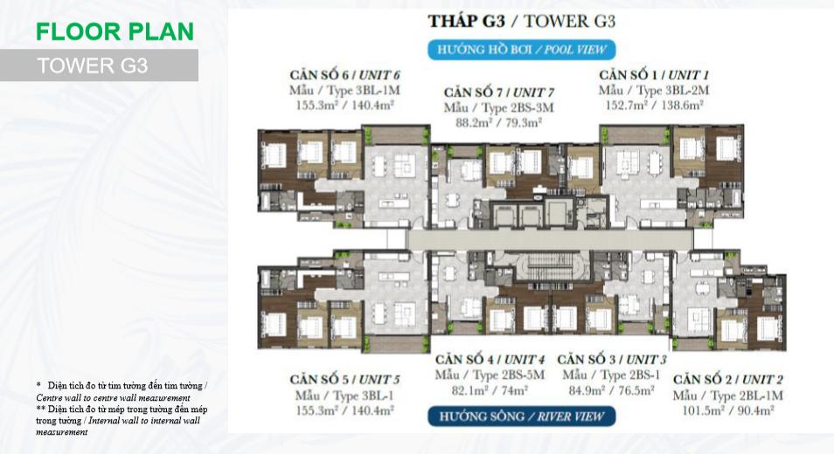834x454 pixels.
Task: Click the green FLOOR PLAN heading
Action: (x=115, y=31)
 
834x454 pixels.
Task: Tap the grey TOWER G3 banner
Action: (x=99, y=65)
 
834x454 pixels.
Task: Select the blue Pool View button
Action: (x=521, y=50)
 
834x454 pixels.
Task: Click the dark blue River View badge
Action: (x=521, y=416)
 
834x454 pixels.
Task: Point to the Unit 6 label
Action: (x=344, y=75)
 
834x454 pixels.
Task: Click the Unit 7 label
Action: (x=499, y=93)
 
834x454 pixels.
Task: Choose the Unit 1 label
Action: (x=654, y=75)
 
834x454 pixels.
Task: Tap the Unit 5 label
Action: (x=344, y=380)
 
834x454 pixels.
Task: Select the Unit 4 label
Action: (x=490, y=360)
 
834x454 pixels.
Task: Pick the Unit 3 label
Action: (x=612, y=360)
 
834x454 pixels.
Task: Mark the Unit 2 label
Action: (x=727, y=380)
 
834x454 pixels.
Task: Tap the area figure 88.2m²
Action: (x=474, y=122)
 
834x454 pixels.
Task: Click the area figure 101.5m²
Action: (x=703, y=410)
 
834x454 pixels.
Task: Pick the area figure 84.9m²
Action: (x=587, y=390)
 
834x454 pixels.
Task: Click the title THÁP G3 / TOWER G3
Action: (x=521, y=21)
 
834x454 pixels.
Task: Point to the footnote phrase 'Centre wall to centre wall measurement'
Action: (x=113, y=398)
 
